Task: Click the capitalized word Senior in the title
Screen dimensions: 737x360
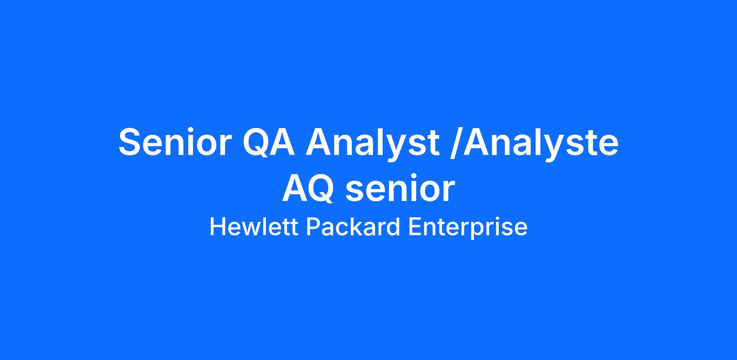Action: tap(175, 142)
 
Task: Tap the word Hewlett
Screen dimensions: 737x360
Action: tap(254, 227)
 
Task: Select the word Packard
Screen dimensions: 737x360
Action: tap(353, 227)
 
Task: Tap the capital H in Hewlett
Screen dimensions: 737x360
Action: tap(217, 227)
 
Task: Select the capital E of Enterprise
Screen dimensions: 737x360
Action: tap(415, 227)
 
